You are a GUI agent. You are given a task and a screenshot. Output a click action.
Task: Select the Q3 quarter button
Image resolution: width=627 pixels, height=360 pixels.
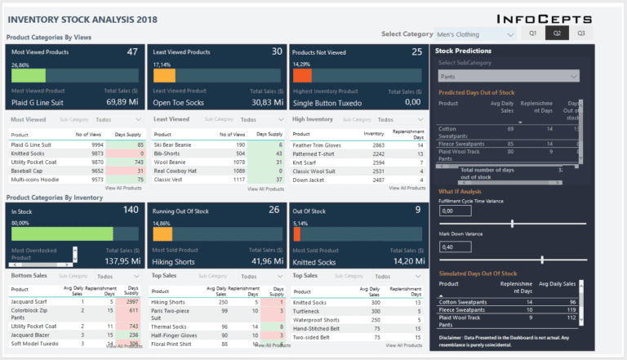pos(581,33)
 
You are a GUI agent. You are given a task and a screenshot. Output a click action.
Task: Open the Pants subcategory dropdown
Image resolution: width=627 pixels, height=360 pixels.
pos(509,76)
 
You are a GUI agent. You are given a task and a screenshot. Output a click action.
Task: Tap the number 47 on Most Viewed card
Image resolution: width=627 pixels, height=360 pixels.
pos(132,52)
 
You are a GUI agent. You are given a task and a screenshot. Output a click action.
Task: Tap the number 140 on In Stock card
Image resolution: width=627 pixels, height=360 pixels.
pos(130,210)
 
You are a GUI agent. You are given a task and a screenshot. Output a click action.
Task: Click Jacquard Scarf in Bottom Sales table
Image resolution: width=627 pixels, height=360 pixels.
pos(29,302)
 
